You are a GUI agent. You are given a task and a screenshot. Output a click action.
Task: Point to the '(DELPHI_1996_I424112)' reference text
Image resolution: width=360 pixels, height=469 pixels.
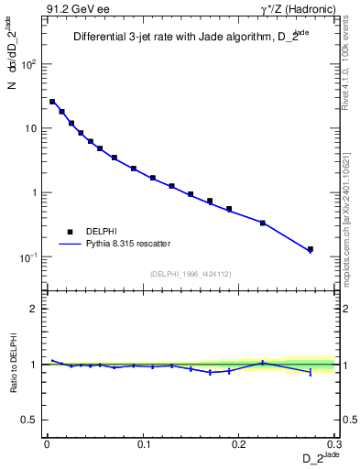point(191,273)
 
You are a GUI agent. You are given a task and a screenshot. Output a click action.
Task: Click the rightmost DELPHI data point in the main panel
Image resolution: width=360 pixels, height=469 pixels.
point(311,249)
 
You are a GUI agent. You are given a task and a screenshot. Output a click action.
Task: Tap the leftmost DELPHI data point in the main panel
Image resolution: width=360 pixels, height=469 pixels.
point(52,102)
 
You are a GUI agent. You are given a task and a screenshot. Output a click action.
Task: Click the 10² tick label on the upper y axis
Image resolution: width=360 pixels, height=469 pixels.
point(31,65)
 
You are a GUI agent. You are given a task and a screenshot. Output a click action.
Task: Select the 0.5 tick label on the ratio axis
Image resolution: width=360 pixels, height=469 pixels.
point(30,420)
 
